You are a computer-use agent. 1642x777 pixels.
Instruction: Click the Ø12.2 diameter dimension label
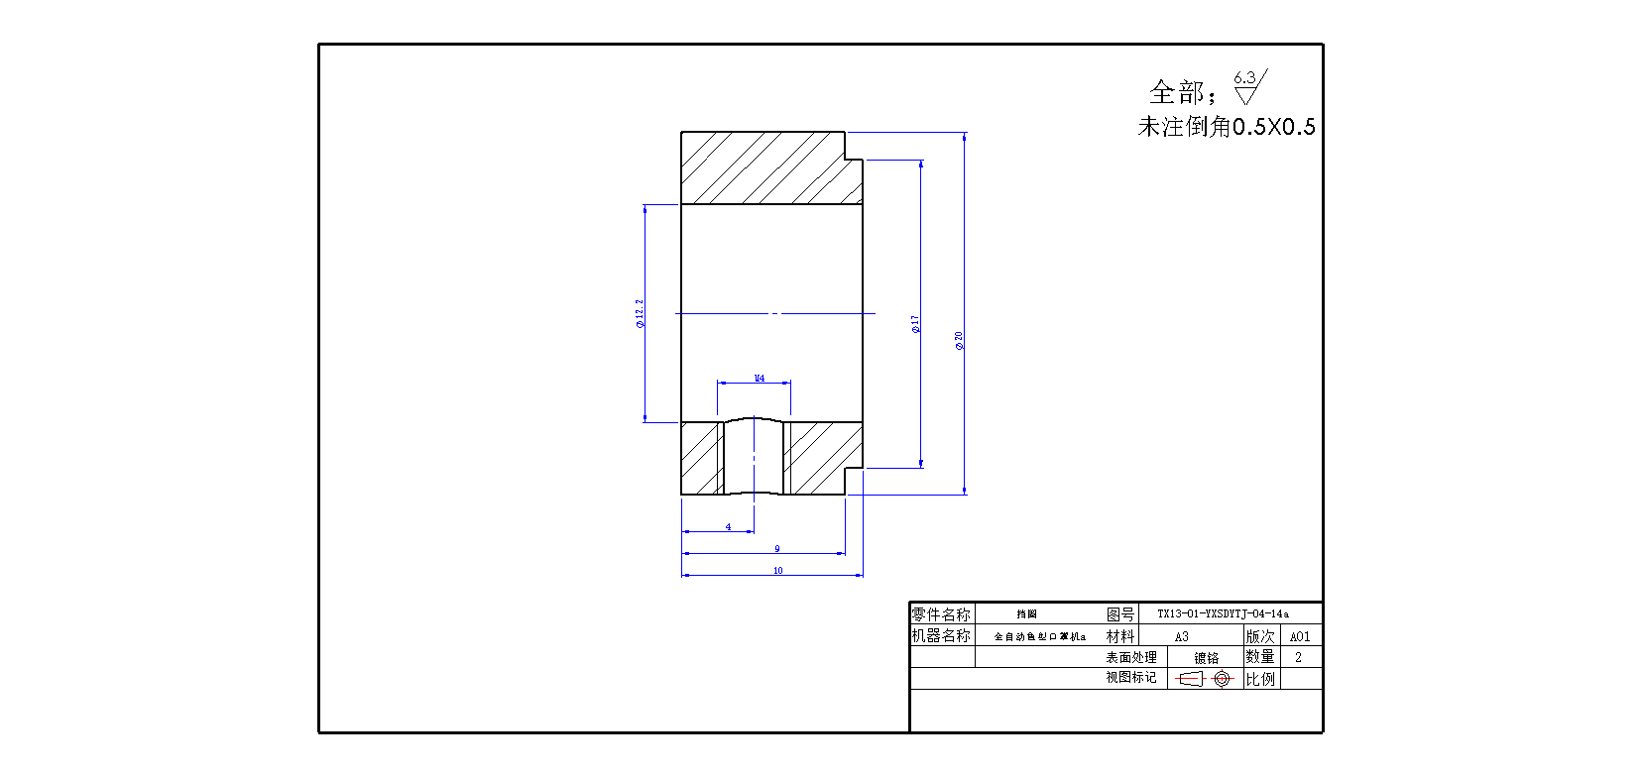(640, 313)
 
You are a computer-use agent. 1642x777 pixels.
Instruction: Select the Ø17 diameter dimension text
(915, 323)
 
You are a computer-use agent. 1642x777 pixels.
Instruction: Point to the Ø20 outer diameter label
(959, 341)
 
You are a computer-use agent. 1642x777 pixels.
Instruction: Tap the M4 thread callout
(759, 378)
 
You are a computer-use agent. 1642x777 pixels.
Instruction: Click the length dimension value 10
(777, 570)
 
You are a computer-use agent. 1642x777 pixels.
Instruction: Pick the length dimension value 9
(776, 548)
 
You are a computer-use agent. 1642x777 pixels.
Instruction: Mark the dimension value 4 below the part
(728, 527)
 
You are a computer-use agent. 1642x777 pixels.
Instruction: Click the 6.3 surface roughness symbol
(1248, 86)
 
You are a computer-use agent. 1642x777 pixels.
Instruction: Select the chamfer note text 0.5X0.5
(1273, 127)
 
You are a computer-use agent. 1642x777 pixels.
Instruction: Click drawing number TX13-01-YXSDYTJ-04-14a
(1223, 613)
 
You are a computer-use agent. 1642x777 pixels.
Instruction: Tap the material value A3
(1181, 636)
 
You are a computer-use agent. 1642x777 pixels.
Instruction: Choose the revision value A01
(1299, 636)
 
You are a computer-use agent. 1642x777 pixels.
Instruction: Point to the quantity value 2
(1298, 657)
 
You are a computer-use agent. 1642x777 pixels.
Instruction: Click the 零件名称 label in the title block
(941, 614)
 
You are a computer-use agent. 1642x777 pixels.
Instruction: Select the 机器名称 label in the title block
(941, 635)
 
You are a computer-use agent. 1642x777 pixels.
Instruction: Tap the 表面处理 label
(1130, 657)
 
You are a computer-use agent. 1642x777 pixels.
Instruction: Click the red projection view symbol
(1204, 679)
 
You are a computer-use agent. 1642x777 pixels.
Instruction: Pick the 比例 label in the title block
(1260, 679)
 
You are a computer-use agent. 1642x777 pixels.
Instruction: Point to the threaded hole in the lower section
(754, 457)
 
